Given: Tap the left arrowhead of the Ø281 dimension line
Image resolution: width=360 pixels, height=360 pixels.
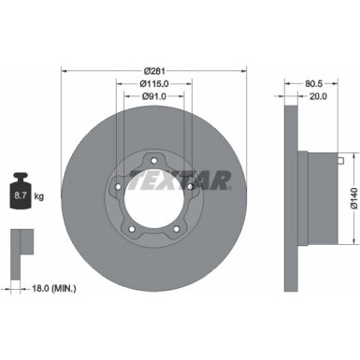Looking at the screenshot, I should tap(64, 70).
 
